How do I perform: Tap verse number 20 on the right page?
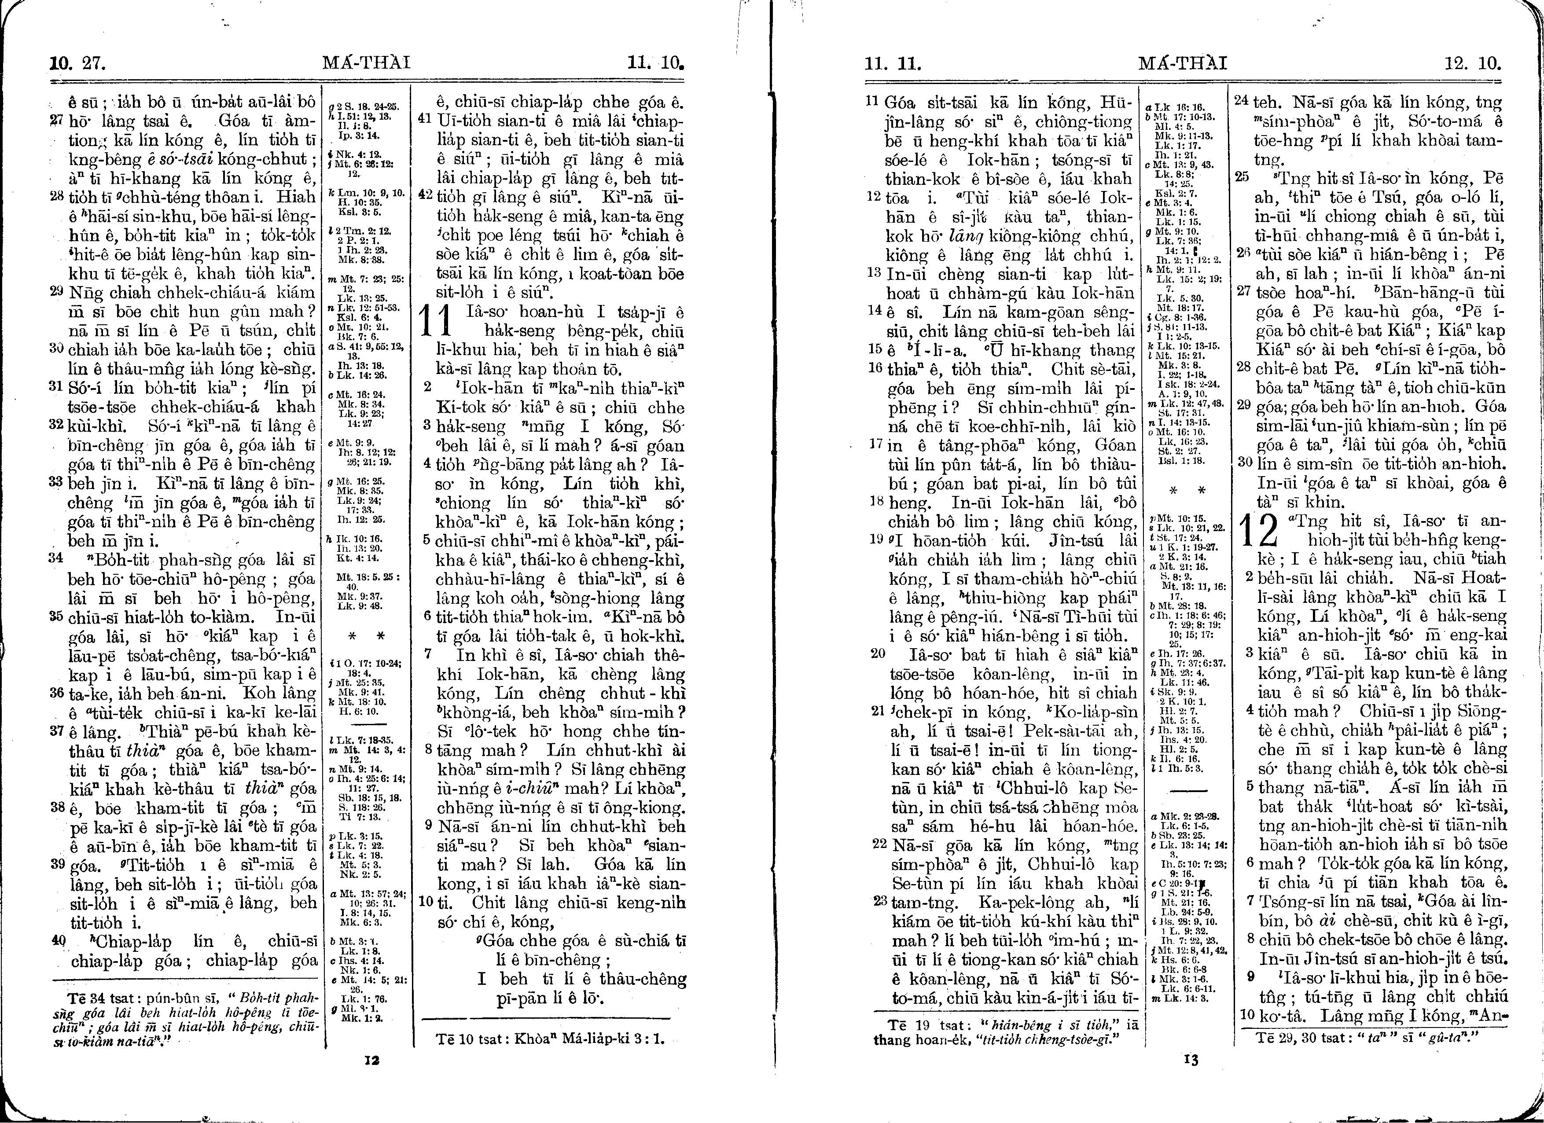click(878, 654)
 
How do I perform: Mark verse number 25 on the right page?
click(1243, 178)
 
